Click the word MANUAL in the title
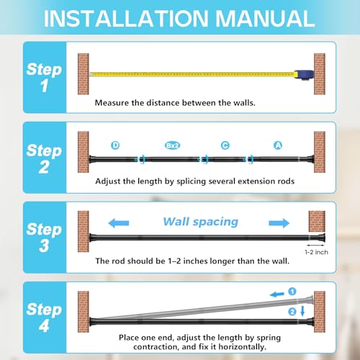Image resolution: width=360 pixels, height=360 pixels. click(265, 19)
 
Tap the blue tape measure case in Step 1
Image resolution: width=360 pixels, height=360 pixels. click(305, 75)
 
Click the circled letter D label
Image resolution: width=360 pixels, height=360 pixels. click(115, 145)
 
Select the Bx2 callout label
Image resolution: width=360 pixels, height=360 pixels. click(173, 145)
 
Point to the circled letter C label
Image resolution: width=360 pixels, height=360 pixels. click(225, 145)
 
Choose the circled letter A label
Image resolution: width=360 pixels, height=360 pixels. click(278, 145)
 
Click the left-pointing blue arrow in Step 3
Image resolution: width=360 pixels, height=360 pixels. click(119, 223)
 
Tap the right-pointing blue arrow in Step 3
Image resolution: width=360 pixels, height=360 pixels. click(279, 223)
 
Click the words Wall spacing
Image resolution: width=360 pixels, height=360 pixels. click(201, 222)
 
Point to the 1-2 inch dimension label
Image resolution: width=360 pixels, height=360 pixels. click(316, 252)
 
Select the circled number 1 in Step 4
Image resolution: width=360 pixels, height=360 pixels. click(292, 292)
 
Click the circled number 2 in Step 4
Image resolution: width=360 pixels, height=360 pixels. click(292, 312)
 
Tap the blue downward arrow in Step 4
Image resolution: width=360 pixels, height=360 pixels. click(302, 311)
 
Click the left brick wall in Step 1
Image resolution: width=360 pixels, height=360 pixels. click(84, 74)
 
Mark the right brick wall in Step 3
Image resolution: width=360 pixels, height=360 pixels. click(317, 221)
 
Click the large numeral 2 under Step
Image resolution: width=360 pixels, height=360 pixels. click(44, 167)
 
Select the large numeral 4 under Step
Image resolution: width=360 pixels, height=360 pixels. click(44, 325)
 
